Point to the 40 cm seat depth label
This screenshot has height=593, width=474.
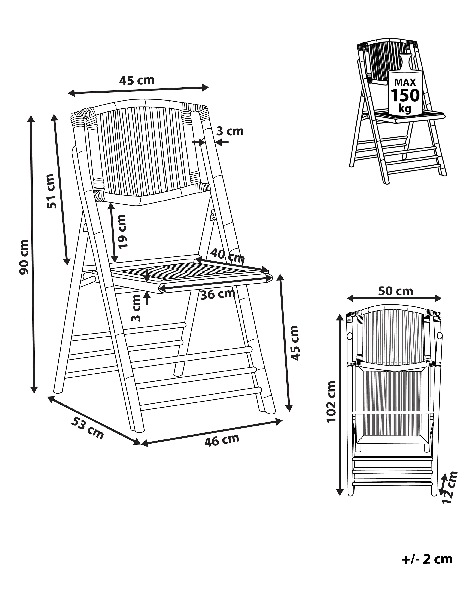pos(227,256)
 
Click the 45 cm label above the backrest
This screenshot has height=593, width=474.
pos(137,80)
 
